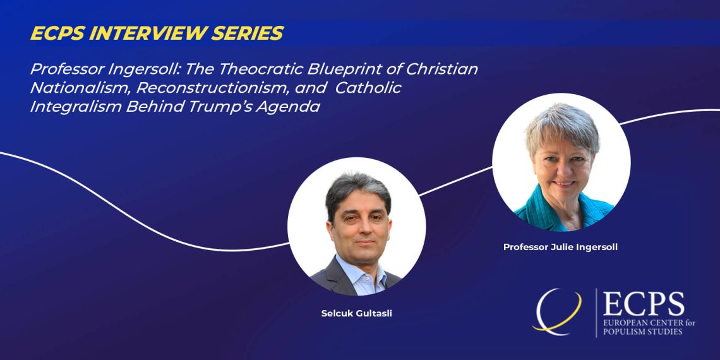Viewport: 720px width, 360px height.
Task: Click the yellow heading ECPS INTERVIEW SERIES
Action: pyautogui.click(x=157, y=33)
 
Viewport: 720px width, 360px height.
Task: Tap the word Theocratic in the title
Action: pyautogui.click(x=260, y=69)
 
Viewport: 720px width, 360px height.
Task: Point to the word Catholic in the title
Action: pyautogui.click(x=368, y=88)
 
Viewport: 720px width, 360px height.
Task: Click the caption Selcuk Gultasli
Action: pyautogui.click(x=356, y=315)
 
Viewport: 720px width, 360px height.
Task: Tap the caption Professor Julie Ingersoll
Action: pyautogui.click(x=560, y=247)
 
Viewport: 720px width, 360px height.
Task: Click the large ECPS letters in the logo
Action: pyautogui.click(x=644, y=304)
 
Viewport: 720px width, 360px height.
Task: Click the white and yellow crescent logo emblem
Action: pyautogui.click(x=556, y=310)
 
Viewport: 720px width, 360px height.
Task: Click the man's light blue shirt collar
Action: pyautogui.click(x=361, y=269)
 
